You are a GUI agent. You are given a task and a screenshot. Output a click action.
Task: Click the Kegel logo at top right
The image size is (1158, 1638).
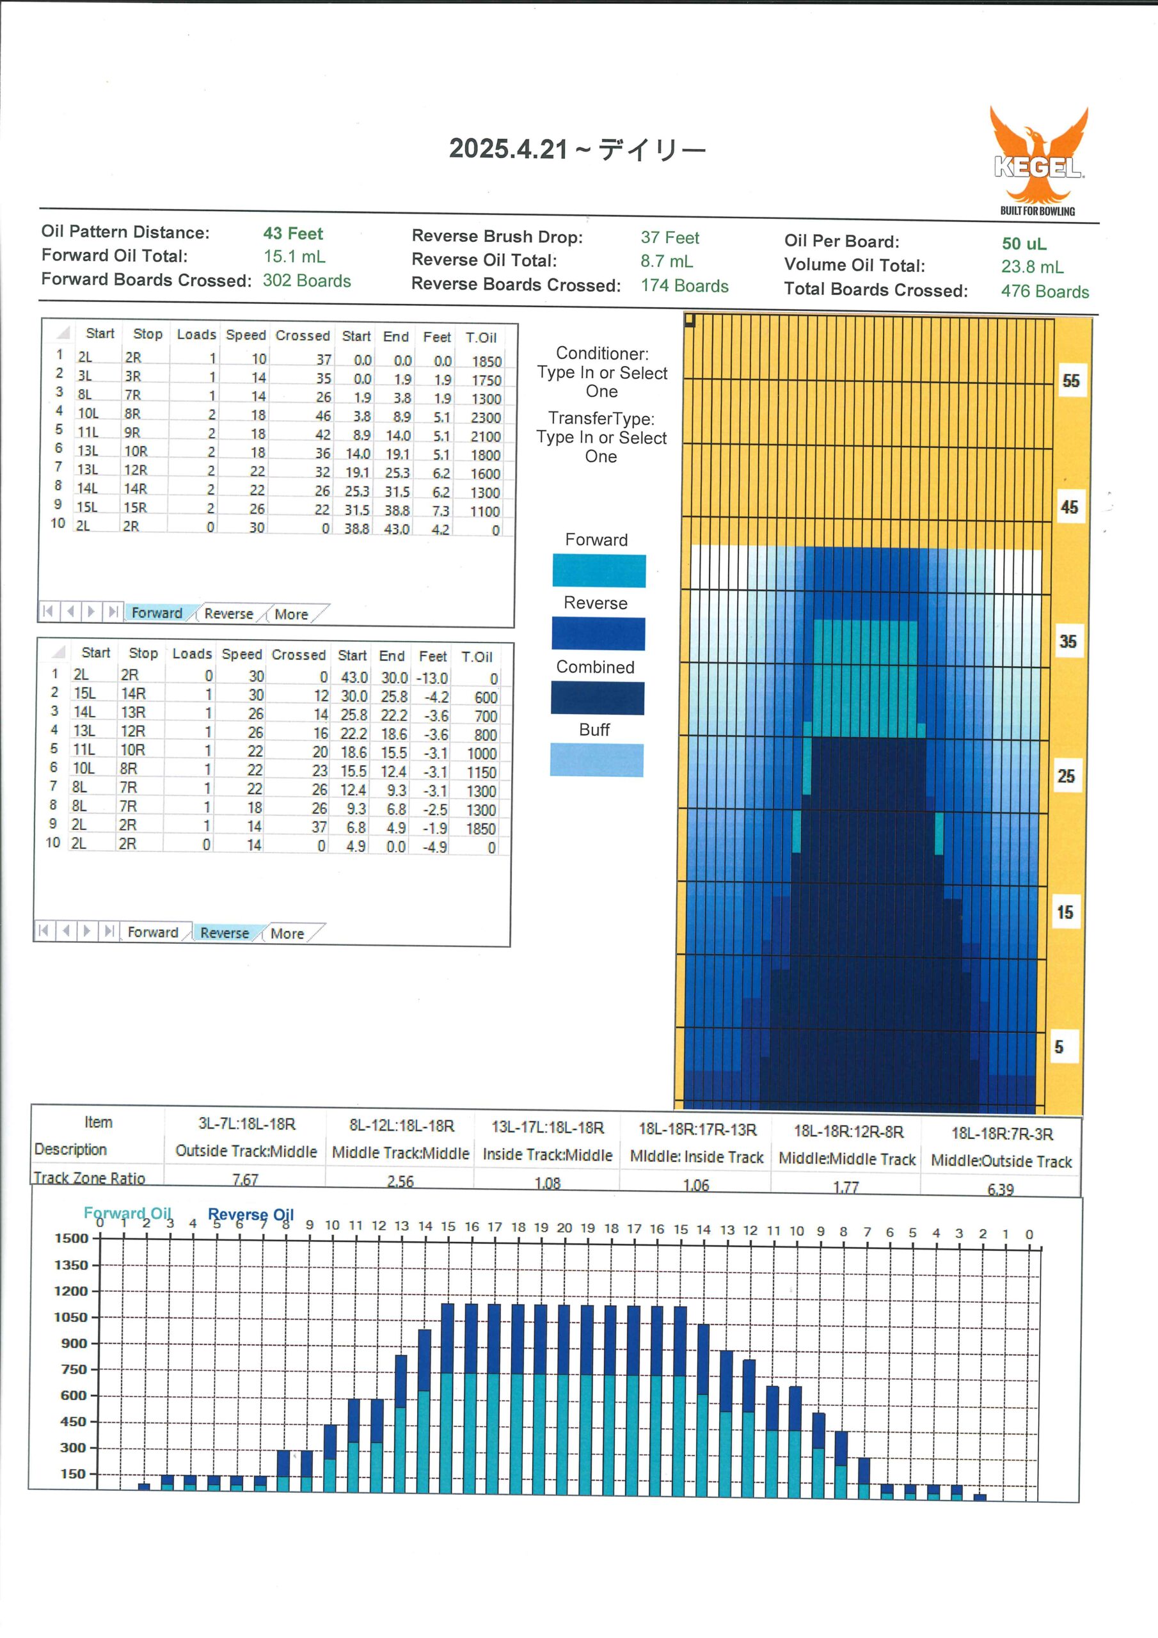1039,161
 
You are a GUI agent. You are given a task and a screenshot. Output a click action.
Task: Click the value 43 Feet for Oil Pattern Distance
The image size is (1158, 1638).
292,234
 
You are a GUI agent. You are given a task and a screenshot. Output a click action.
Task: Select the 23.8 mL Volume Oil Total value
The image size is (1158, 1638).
1032,267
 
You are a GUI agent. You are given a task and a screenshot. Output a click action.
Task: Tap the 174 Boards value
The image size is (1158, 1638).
684,286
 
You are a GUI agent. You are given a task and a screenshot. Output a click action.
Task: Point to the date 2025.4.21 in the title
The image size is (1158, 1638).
509,148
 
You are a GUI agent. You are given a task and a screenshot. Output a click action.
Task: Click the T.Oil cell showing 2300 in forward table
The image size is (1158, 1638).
485,417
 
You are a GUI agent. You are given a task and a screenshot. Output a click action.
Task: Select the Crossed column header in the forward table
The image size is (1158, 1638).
303,335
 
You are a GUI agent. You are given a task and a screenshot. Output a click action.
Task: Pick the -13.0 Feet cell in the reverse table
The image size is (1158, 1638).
432,678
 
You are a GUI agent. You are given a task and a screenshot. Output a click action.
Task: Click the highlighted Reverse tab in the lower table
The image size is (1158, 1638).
225,932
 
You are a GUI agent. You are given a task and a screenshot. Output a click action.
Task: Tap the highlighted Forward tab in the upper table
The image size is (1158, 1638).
157,613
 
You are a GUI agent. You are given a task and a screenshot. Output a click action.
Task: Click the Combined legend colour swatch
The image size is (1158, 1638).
597,697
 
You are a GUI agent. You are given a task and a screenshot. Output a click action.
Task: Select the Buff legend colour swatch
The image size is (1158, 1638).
596,759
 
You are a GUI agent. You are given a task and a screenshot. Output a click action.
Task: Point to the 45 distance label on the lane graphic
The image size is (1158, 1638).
1069,507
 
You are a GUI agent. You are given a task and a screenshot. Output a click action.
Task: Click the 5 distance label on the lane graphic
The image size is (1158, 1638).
1059,1047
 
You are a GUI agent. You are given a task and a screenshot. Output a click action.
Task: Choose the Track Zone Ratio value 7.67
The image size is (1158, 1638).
246,1179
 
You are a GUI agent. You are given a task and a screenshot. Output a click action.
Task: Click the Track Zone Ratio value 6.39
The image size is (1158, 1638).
1001,1189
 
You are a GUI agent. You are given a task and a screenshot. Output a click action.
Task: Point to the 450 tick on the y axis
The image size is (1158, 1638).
74,1421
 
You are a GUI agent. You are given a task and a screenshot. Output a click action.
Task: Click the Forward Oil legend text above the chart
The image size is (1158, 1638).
127,1213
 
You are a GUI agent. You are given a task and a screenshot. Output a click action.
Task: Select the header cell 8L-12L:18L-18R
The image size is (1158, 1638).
401,1125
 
